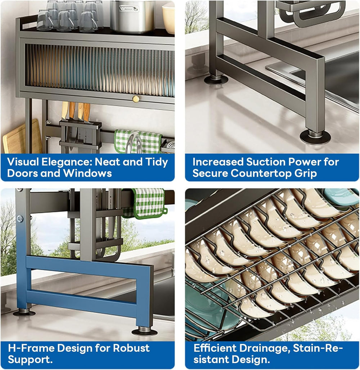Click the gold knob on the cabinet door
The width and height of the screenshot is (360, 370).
click(x=135, y=99)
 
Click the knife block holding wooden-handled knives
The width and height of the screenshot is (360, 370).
click(x=80, y=135)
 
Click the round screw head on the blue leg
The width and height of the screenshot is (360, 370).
click(x=20, y=218)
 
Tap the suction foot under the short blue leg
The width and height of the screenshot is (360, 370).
click(x=144, y=331)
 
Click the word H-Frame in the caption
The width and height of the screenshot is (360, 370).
click(x=31, y=348)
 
